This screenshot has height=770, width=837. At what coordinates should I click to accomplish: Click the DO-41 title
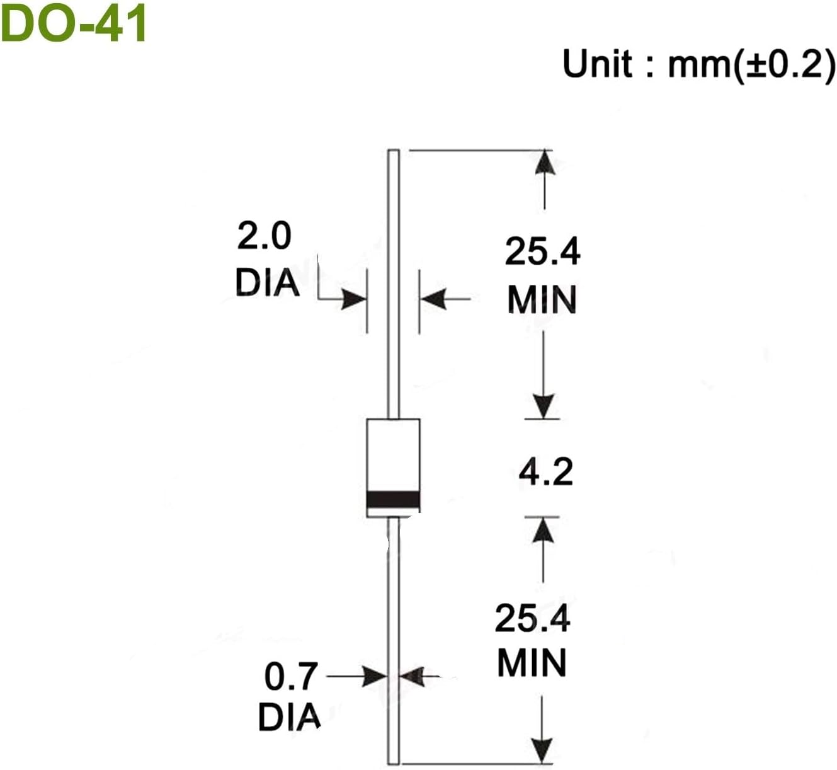point(74,23)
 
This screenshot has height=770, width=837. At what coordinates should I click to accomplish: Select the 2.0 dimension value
point(265,236)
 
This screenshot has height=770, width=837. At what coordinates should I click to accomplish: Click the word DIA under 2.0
point(267,283)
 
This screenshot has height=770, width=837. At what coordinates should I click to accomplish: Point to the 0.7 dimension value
point(291,677)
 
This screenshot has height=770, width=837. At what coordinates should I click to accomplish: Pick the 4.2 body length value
point(545,472)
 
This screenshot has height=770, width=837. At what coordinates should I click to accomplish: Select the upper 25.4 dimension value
point(542,251)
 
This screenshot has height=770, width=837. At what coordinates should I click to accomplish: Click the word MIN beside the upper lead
point(542,300)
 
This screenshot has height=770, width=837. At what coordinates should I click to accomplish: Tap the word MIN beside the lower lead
point(532,664)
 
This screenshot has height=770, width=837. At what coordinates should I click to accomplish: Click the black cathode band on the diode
point(393,500)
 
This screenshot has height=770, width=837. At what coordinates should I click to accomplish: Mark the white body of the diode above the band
point(393,454)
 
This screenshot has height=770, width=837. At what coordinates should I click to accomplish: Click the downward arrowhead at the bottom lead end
point(542,750)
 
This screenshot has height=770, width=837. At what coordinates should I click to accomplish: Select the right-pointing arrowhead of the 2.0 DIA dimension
point(354,299)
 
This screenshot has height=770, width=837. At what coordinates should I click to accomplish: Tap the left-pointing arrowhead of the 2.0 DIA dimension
point(434,299)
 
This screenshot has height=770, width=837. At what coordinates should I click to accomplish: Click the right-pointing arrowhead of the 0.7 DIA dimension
point(375,677)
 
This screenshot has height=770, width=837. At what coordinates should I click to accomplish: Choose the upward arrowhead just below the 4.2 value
point(543,531)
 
